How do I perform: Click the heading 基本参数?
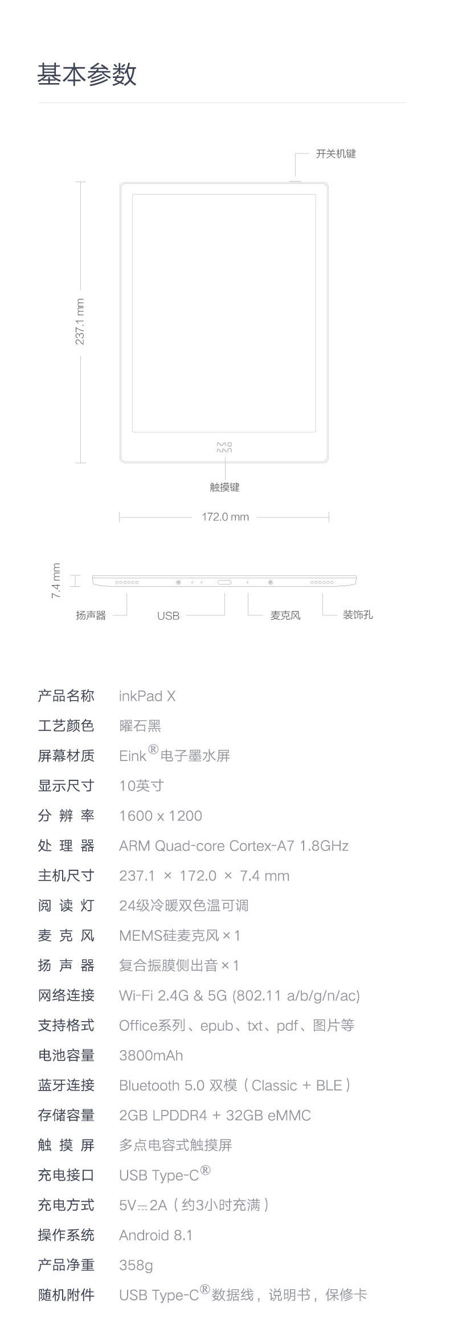pyautogui.click(x=87, y=75)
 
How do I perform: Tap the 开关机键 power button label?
pyautogui.click(x=336, y=154)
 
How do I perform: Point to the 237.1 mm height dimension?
pyautogui.click(x=80, y=322)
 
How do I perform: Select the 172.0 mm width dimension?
pyautogui.click(x=225, y=517)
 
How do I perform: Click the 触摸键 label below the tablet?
pyautogui.click(x=224, y=487)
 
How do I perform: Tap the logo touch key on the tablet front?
pyautogui.click(x=224, y=447)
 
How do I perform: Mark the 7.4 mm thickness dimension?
pyautogui.click(x=56, y=581)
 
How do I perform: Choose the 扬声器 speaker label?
pyautogui.click(x=91, y=615)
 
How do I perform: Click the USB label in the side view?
pyautogui.click(x=168, y=616)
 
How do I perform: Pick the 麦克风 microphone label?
pyautogui.click(x=285, y=615)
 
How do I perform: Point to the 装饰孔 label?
pyautogui.click(x=358, y=615)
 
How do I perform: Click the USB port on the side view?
pyautogui.click(x=225, y=582)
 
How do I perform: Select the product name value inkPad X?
pyautogui.click(x=147, y=696)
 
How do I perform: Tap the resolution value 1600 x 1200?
pyautogui.click(x=161, y=816)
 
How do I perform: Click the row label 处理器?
pyautogui.click(x=66, y=846)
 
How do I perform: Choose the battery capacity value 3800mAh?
pyautogui.click(x=151, y=1056)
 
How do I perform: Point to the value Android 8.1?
pyautogui.click(x=156, y=1236)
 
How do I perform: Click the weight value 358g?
pyautogui.click(x=136, y=1265)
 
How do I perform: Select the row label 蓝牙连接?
pyautogui.click(x=66, y=1085)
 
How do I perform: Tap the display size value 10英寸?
pyautogui.click(x=141, y=786)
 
